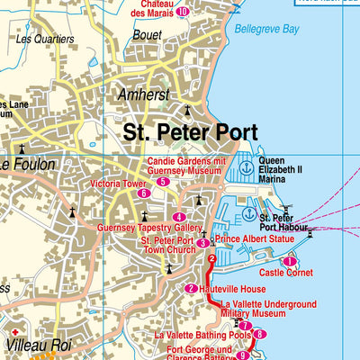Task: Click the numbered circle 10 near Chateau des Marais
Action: coord(183,12)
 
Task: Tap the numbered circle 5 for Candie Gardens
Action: coord(162,182)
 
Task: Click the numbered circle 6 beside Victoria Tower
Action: coord(142,193)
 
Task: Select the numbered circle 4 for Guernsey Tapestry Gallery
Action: coord(180,217)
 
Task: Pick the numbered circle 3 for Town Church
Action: coord(203,242)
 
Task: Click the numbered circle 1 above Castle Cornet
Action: coord(290,261)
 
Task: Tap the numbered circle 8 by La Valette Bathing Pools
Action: coord(259,335)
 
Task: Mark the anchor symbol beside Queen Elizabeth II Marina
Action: coord(246,167)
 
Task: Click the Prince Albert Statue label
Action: coord(255,239)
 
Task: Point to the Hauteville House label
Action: coord(232,289)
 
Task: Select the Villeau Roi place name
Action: coord(31,343)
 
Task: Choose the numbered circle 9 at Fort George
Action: coord(242,355)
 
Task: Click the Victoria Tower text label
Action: coord(112,183)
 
